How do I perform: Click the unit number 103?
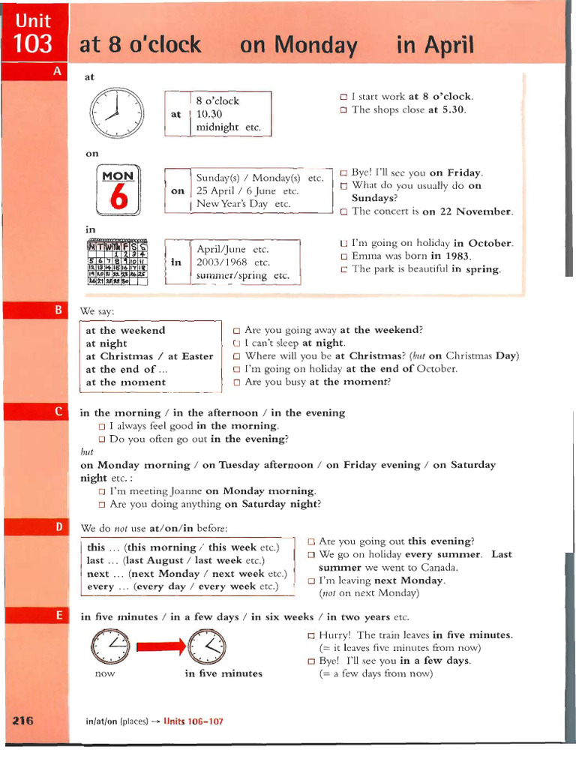tap(34, 44)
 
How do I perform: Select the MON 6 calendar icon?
tap(118, 188)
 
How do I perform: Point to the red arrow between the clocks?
tap(159, 644)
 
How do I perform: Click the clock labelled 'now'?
tap(109, 645)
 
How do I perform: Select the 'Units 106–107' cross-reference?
tap(193, 721)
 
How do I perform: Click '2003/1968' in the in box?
tap(223, 262)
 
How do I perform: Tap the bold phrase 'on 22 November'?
tap(468, 211)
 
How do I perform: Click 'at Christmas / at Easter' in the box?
tap(149, 356)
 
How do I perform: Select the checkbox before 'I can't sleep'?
tap(237, 343)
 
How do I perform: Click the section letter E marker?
tap(58, 616)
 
